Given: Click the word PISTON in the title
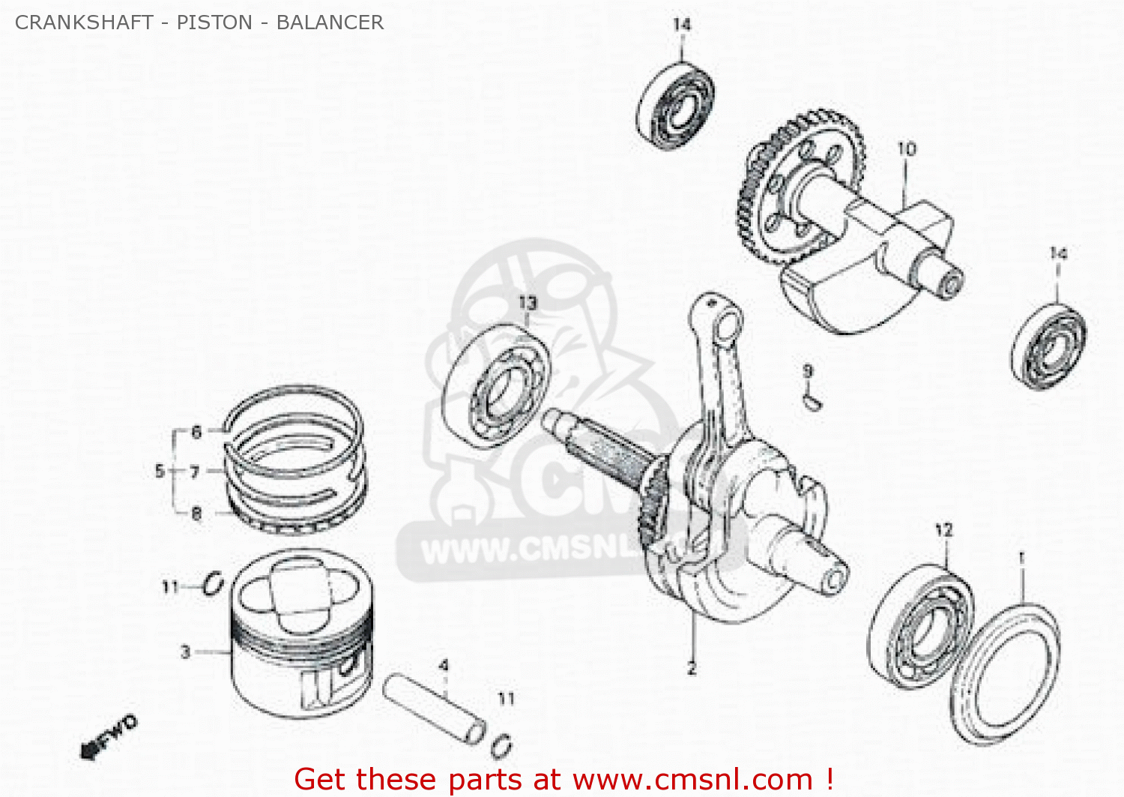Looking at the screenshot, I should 214,22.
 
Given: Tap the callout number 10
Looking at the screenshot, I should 907,148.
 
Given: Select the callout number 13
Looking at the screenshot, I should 528,303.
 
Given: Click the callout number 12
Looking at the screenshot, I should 943,530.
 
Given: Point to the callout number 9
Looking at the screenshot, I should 808,370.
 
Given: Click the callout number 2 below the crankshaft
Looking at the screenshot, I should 691,668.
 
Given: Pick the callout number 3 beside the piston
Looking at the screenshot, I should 186,652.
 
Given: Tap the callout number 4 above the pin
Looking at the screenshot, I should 444,666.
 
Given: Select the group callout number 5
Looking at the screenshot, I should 159,471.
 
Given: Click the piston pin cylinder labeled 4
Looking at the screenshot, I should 435,709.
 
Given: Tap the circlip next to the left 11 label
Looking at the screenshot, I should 213,583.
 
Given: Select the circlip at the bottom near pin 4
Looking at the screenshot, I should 502,745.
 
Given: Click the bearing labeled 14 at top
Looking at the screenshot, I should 675,106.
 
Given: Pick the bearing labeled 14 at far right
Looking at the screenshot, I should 1049,346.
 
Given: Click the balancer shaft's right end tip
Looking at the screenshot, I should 951,286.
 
